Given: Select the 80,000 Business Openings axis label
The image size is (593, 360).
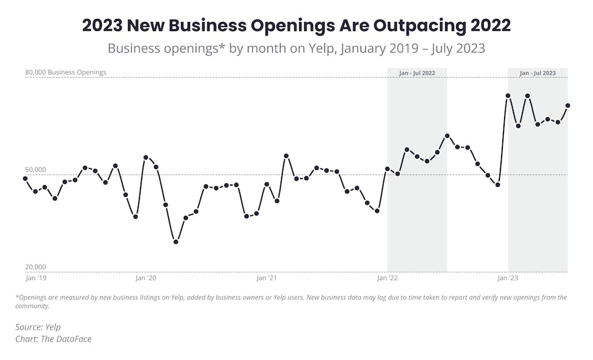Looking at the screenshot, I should coord(65,72).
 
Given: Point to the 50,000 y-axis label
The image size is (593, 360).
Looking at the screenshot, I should coord(36,170).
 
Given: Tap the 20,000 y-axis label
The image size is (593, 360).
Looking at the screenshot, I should coord(36,267).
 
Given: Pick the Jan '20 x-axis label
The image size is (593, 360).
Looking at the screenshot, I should coord(145,278).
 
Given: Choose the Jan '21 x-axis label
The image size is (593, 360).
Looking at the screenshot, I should coord(266,278).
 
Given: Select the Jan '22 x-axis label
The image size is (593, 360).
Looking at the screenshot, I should coord(387,278).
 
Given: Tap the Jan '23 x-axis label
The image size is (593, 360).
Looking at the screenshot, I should coord(507,278).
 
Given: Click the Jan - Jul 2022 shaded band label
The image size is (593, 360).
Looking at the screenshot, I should coord(417,73).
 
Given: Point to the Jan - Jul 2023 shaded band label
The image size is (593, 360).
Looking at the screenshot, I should coord(537,73).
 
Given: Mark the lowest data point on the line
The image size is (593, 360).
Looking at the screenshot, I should coord(176,242).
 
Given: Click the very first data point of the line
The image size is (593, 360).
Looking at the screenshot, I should coord(25,179).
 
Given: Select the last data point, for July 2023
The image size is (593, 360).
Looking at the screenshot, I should coord(568,106).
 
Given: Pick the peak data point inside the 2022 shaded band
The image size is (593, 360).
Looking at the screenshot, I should coord(447,136).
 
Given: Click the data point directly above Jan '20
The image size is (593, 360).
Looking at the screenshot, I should coord(145,158).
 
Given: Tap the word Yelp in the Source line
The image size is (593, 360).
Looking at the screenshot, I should coord(53,327).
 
